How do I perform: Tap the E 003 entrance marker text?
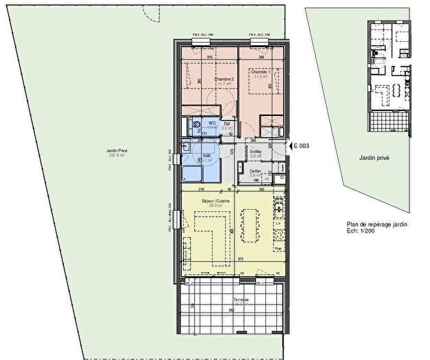click(x=302, y=146)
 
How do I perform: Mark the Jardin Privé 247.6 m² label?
click(x=99, y=153)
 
